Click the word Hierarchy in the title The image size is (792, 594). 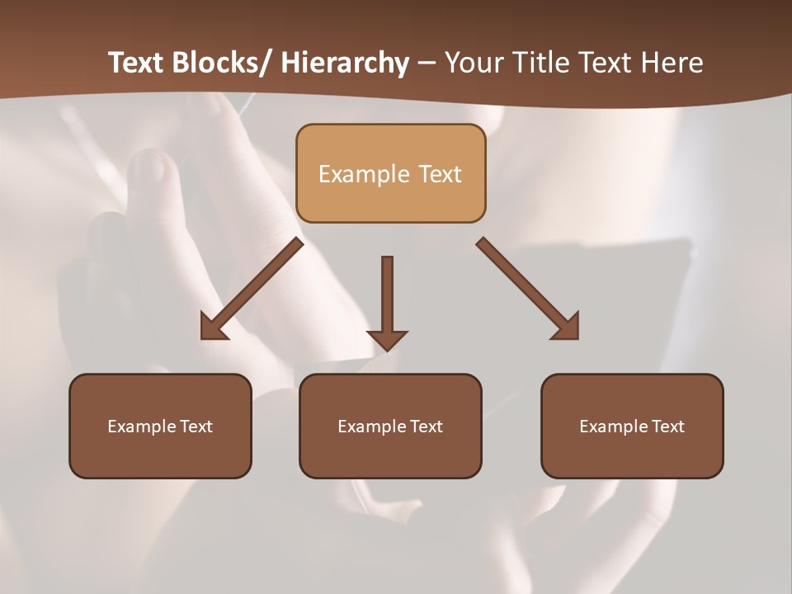click(345, 64)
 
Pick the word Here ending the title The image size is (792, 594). click(672, 63)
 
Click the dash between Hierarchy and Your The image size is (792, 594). click(427, 64)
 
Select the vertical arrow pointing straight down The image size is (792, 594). click(387, 301)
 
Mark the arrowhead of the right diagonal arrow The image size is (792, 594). click(567, 327)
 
